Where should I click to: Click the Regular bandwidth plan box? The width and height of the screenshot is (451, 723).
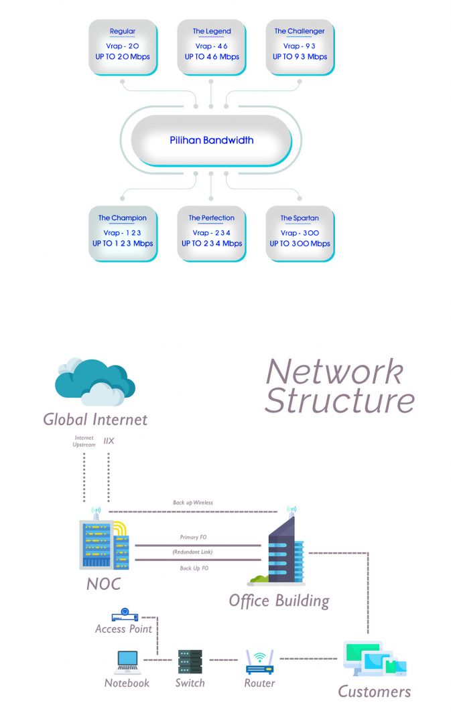pyautogui.click(x=123, y=47)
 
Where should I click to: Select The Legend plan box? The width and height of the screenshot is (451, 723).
pyautogui.click(x=211, y=47)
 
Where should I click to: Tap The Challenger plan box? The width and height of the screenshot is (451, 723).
pyautogui.click(x=300, y=47)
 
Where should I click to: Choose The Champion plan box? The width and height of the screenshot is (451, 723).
pyautogui.click(x=123, y=234)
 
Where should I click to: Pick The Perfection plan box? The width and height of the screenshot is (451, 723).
pyautogui.click(x=211, y=234)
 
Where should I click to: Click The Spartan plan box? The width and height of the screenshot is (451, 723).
pyautogui.click(x=300, y=234)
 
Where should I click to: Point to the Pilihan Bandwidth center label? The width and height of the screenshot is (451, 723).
pyautogui.click(x=211, y=141)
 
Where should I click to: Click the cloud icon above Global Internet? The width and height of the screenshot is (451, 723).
pyautogui.click(x=94, y=383)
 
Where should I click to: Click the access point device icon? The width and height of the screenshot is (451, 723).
pyautogui.click(x=124, y=614)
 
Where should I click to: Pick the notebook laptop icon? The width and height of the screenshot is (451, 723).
pyautogui.click(x=127, y=661)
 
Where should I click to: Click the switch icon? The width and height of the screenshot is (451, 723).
pyautogui.click(x=190, y=661)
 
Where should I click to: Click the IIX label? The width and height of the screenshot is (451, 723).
pyautogui.click(x=109, y=441)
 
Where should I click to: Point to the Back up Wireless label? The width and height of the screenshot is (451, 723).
pyautogui.click(x=192, y=502)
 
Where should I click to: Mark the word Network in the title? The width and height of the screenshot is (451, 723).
pyautogui.click(x=334, y=372)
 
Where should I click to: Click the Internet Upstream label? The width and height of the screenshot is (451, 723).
pyautogui.click(x=84, y=441)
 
